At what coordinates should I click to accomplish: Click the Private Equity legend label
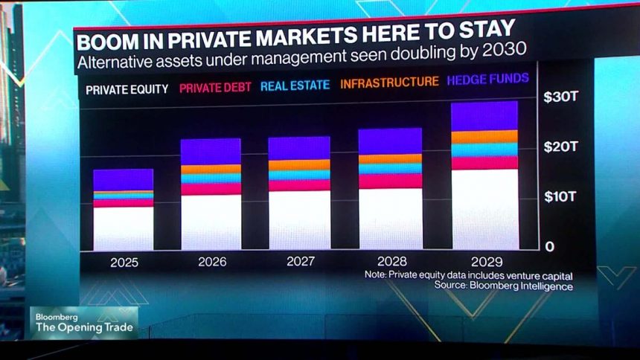pyautogui.click(x=127, y=91)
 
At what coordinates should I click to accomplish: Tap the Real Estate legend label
pyautogui.click(x=295, y=85)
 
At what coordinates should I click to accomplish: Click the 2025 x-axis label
pyautogui.click(x=124, y=262)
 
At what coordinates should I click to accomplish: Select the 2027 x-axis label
pyautogui.click(x=300, y=262)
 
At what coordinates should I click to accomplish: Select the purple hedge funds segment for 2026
pyautogui.click(x=211, y=151)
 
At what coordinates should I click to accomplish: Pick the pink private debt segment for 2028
pyautogui.click(x=391, y=181)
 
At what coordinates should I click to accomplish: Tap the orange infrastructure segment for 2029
pyautogui.click(x=484, y=137)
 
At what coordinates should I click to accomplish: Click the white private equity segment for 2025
pyautogui.click(x=124, y=228)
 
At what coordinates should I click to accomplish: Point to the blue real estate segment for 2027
pyautogui.click(x=299, y=176)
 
